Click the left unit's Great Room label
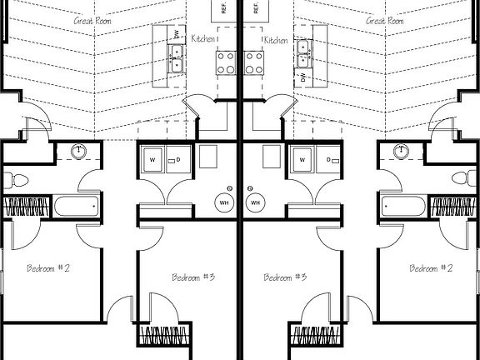[92, 21]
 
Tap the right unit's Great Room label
[384, 21]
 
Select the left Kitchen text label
[203, 38]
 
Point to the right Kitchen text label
[276, 40]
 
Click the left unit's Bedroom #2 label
[48, 268]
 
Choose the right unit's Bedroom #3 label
[285, 277]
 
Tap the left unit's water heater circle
[224, 202]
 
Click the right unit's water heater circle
[255, 202]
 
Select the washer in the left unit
[152, 159]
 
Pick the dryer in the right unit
[328, 159]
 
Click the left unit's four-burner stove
[226, 63]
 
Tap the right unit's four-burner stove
[254, 63]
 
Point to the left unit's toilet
[16, 180]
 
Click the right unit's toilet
[464, 177]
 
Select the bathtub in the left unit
[77, 206]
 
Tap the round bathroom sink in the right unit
[401, 152]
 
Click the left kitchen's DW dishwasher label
[177, 36]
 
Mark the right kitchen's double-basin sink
[303, 53]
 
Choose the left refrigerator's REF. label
[223, 8]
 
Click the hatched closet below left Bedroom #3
[164, 335]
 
